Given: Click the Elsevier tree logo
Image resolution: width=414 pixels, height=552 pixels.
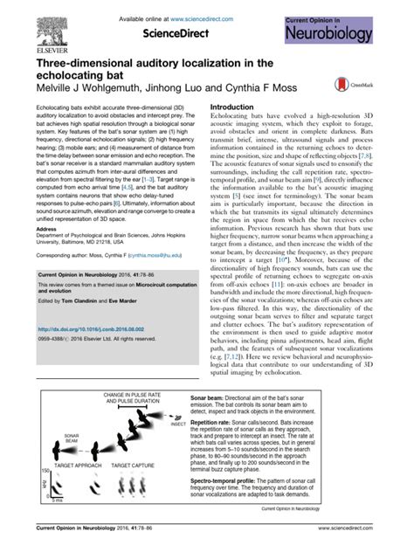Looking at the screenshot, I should click(x=52, y=27).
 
